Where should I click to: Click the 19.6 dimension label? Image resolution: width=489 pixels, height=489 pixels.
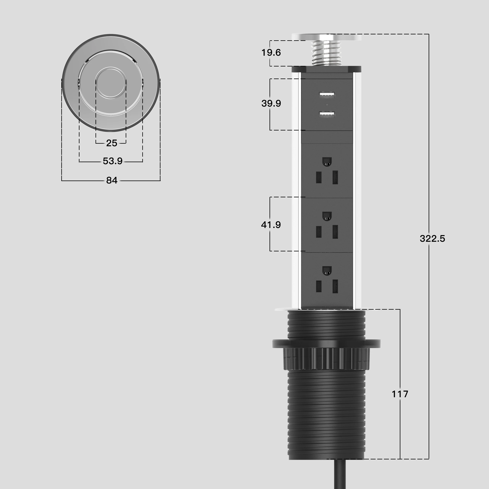click(271, 53)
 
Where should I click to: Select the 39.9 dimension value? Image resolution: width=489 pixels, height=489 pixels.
click(271, 103)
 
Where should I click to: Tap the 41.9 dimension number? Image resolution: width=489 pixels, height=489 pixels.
click(271, 224)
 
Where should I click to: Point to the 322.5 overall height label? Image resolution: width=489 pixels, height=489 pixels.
click(432, 238)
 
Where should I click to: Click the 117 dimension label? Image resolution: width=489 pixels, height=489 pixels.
click(400, 394)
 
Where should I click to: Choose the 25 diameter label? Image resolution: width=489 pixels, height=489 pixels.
click(112, 143)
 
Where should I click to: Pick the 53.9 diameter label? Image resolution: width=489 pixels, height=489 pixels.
click(113, 161)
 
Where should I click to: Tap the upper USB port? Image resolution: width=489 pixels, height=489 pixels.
click(327, 95)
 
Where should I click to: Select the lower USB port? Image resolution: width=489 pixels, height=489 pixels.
click(327, 115)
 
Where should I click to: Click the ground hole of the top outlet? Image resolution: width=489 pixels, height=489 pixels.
click(327, 161)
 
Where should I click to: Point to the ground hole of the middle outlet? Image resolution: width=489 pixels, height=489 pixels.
click(327, 216)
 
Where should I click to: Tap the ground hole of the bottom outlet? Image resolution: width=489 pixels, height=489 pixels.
click(327, 270)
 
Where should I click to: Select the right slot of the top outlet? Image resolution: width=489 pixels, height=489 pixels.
click(335, 177)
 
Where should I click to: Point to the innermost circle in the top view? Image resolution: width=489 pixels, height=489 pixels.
click(111, 83)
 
